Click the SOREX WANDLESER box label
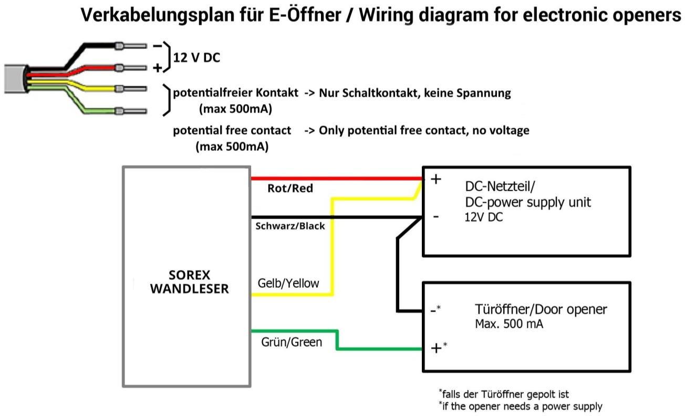point(190,282)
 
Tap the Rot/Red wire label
point(290,189)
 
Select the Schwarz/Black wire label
point(290,226)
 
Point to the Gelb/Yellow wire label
point(288,283)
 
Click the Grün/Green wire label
point(292,342)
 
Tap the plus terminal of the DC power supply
point(436,179)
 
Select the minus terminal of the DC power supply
point(436,216)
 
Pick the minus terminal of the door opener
point(434,310)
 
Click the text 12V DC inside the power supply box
point(483,216)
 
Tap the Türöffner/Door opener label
point(541,309)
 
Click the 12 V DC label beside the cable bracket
point(196,58)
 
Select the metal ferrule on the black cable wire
point(120,46)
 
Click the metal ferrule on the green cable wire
point(120,111)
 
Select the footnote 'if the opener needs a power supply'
point(521,406)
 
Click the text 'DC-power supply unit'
point(528,202)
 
